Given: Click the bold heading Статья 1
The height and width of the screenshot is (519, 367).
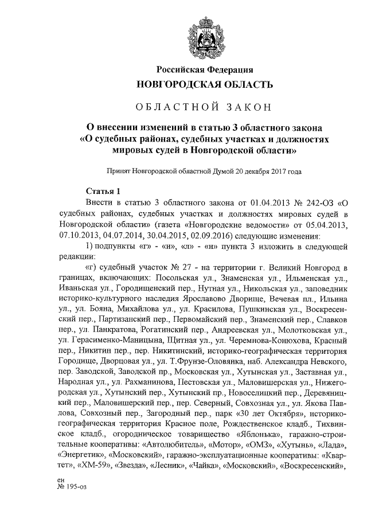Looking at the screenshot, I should click(103, 192).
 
